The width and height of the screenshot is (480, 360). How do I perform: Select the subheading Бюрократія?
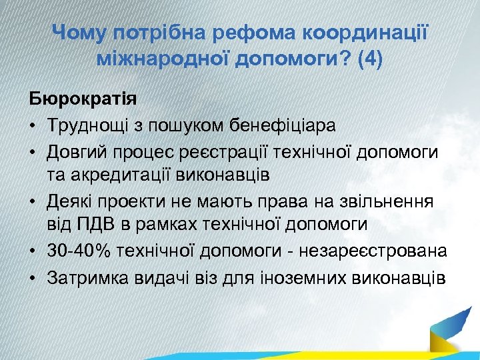83,99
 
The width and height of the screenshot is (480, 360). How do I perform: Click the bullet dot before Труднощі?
33,125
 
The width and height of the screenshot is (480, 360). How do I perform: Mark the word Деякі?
73,201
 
